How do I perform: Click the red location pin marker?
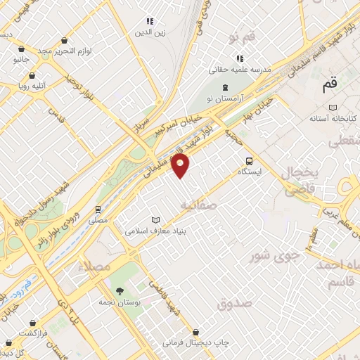181,167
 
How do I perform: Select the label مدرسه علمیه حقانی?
239,70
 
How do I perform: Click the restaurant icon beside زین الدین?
149,22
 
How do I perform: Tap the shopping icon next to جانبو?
22,49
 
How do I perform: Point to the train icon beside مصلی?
98,209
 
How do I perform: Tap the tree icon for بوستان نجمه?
120,290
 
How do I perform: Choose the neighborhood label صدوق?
234,304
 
